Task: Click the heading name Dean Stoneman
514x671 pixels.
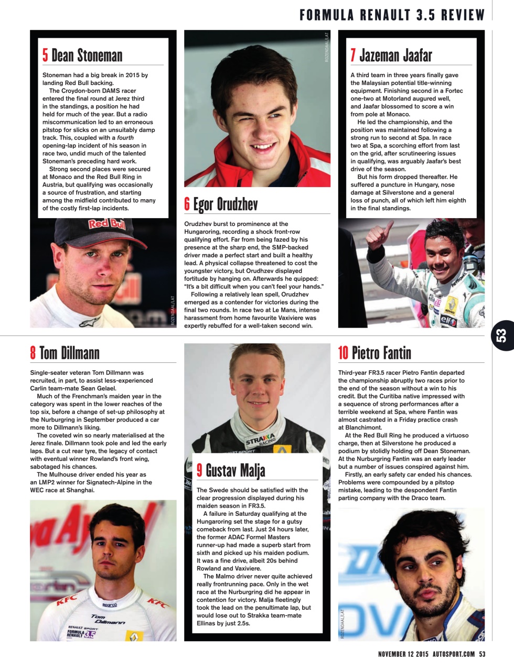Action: (87, 55)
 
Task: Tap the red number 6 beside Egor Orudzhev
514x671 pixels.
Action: (187, 204)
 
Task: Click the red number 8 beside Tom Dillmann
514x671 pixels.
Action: (33, 353)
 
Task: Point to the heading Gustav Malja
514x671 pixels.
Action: (235, 470)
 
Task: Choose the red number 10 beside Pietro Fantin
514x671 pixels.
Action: (343, 353)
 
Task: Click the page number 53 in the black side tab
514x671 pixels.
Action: (502, 335)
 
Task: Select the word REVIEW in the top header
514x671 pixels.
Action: (463, 15)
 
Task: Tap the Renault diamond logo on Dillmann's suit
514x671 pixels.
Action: (134, 635)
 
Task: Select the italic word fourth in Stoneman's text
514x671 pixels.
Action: (125, 138)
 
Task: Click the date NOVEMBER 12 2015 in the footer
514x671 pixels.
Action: (403, 654)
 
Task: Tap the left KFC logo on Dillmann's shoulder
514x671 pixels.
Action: (67, 600)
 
